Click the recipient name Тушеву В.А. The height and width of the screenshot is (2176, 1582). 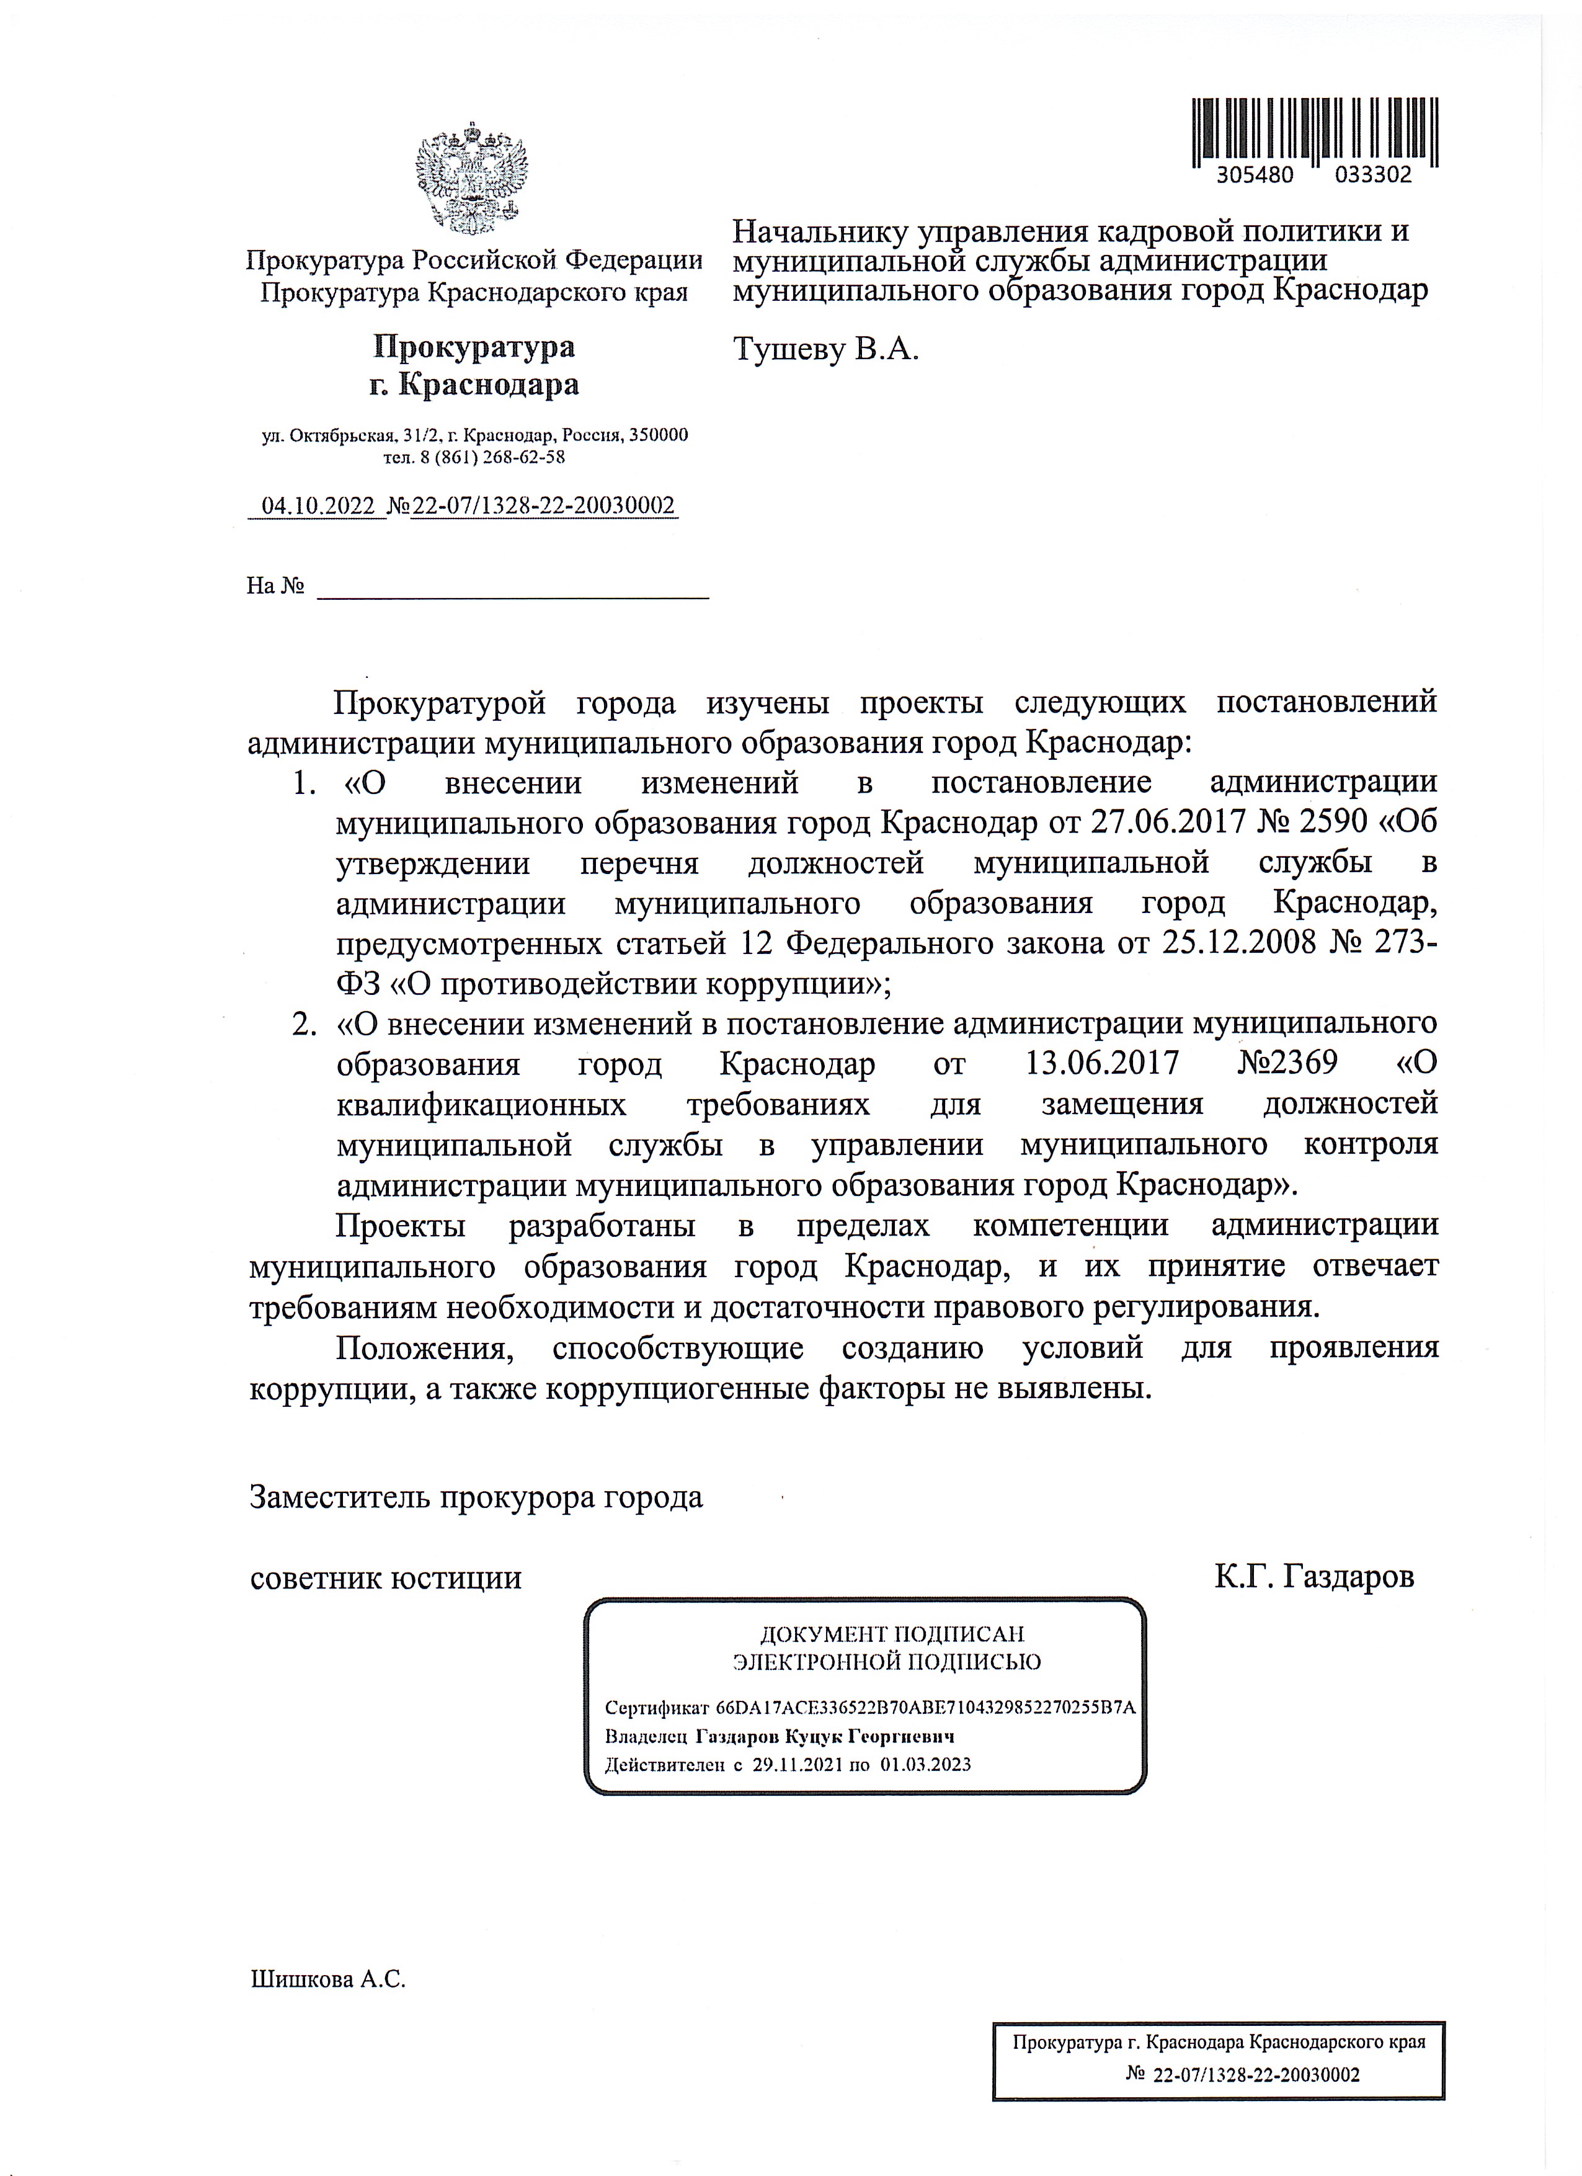(825, 349)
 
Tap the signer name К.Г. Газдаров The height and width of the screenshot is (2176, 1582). (1313, 1577)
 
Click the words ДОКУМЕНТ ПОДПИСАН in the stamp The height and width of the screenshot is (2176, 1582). (892, 1634)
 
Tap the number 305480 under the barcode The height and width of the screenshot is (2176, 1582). (1255, 176)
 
